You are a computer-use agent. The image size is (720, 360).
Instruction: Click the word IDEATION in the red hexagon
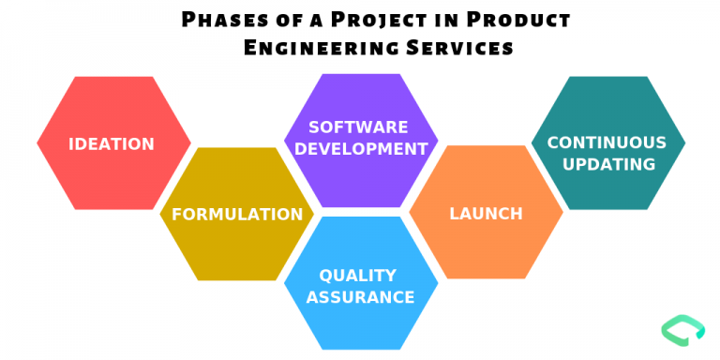112,143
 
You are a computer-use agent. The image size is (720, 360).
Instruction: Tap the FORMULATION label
237,214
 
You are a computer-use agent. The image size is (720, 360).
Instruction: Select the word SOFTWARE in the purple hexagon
358,127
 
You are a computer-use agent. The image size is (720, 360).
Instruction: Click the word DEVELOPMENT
358,148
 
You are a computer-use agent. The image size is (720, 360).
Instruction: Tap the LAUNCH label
486,214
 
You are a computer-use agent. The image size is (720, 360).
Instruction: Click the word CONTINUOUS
607,142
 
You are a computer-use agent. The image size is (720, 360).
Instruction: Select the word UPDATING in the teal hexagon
607,164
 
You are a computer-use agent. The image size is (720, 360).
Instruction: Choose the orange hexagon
486,248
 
